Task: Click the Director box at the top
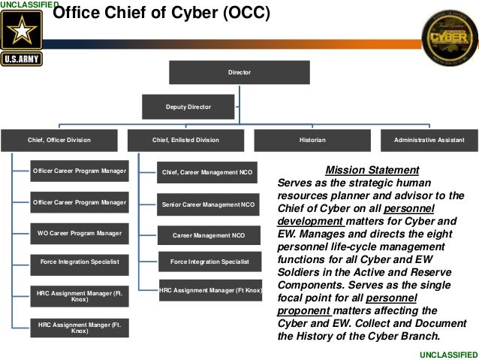(x=239, y=73)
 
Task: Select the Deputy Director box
(x=188, y=108)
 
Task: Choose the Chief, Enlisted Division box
(x=186, y=140)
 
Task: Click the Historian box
(x=312, y=140)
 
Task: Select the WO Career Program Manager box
(x=80, y=233)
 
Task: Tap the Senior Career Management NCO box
(x=209, y=204)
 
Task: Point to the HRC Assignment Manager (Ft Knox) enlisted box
(x=209, y=290)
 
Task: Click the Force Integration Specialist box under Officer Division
(x=80, y=262)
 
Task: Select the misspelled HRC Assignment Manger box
(x=80, y=327)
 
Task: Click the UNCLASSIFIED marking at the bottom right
(x=449, y=353)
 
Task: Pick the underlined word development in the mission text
(x=312, y=222)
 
